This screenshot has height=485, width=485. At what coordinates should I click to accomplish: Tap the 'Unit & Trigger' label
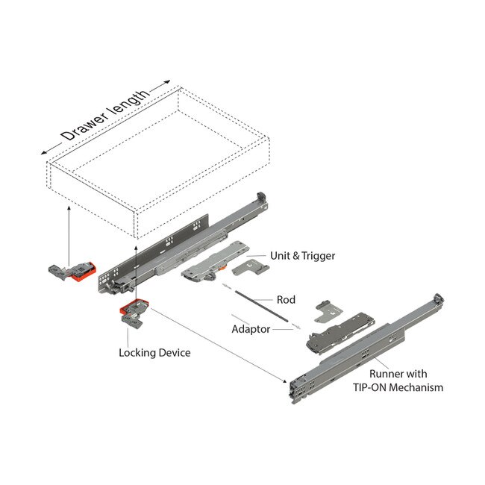pyautogui.click(x=307, y=255)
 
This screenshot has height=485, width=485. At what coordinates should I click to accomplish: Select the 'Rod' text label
pyautogui.click(x=286, y=300)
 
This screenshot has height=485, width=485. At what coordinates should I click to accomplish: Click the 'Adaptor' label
pyautogui.click(x=250, y=328)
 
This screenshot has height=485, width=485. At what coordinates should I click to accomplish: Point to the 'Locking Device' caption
pyautogui.click(x=154, y=351)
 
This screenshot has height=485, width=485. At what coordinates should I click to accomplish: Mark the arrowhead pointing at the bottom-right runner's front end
pyautogui.click(x=286, y=382)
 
